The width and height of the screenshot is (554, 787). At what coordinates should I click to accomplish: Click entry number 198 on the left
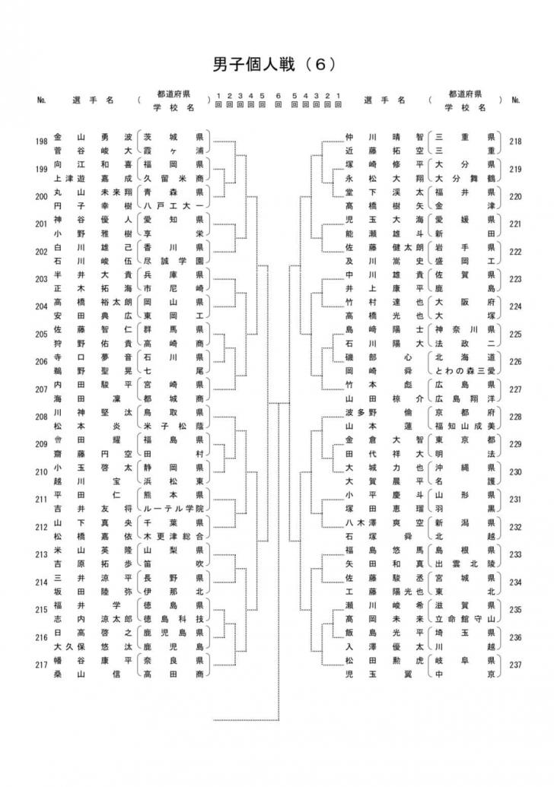[42, 141]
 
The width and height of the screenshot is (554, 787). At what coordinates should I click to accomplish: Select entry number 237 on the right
[515, 665]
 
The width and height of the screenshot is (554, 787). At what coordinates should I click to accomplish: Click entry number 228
[515, 417]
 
